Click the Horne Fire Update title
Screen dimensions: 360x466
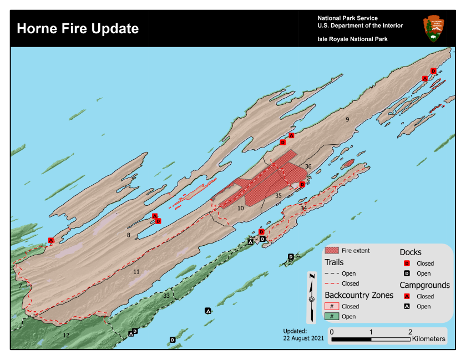(x=78, y=28)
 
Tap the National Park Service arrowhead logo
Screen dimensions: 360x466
(x=433, y=29)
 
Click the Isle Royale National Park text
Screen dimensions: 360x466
(x=352, y=39)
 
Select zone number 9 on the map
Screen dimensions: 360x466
(x=347, y=119)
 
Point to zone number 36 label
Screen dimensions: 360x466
(x=308, y=166)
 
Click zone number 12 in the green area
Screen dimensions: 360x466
(x=66, y=335)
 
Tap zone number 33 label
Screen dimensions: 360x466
(x=166, y=296)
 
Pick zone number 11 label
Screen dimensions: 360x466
(x=136, y=271)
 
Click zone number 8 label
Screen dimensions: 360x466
(x=128, y=235)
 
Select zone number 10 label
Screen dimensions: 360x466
(x=240, y=208)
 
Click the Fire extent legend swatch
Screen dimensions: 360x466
(x=332, y=251)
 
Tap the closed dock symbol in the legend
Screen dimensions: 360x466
(x=407, y=263)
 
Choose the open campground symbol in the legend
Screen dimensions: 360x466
(x=407, y=307)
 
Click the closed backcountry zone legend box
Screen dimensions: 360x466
(x=332, y=306)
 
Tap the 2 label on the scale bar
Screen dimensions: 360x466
(x=410, y=331)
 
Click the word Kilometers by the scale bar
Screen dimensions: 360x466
(x=429, y=338)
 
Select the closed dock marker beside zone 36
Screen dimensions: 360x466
(x=302, y=184)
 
